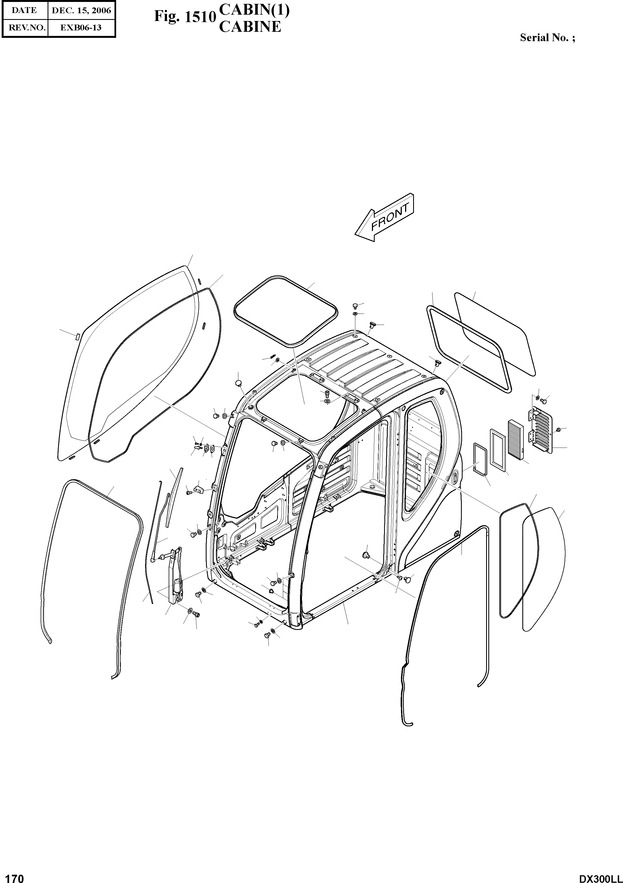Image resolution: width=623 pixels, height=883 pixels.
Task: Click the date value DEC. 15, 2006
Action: pyautogui.click(x=81, y=10)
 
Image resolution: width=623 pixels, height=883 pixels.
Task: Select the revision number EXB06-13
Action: pyautogui.click(x=81, y=28)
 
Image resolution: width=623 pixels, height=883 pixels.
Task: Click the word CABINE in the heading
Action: pyautogui.click(x=250, y=27)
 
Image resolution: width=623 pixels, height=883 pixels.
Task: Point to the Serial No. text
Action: pyautogui.click(x=547, y=38)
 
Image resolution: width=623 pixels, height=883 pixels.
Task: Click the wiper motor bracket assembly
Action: pyautogui.click(x=176, y=577)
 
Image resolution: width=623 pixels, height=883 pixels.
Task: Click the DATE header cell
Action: pyautogui.click(x=24, y=10)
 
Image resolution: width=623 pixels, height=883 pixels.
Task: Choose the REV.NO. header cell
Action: pyautogui.click(x=24, y=28)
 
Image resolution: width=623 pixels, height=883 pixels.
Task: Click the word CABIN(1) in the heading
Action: pyautogui.click(x=254, y=10)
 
